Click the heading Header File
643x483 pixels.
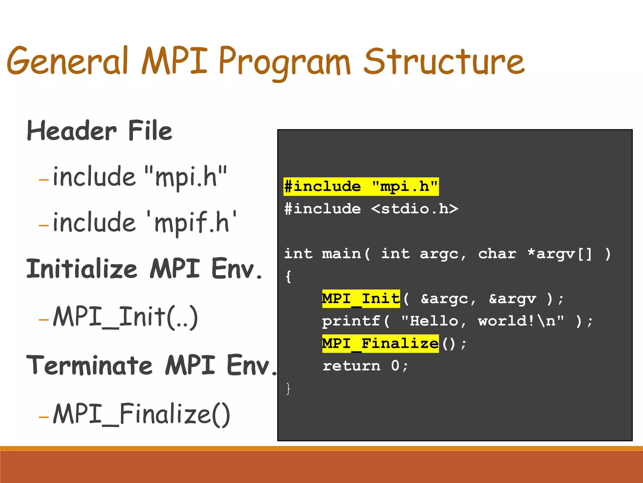click(x=100, y=131)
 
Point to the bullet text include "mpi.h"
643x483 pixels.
click(x=140, y=177)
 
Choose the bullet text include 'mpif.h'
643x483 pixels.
click(x=144, y=223)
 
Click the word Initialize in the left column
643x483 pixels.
click(x=82, y=269)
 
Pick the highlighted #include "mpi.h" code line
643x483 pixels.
click(x=361, y=186)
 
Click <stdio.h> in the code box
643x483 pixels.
click(x=414, y=209)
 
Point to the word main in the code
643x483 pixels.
click(x=342, y=254)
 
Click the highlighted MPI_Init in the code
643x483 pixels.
click(x=361, y=298)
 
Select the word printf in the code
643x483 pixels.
click(x=351, y=321)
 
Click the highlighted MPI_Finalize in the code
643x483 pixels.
click(x=380, y=343)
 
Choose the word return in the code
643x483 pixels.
click(x=351, y=366)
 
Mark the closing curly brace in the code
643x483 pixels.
click(x=288, y=389)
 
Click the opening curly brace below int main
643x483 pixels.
click(x=288, y=277)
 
